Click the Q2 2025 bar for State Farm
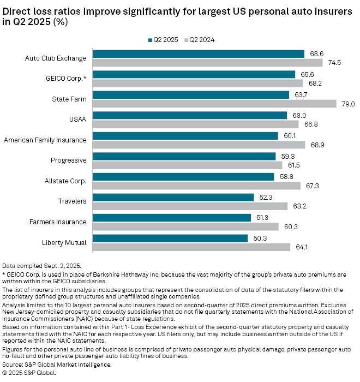[x=191, y=94]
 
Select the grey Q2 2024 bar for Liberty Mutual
[x=191, y=247]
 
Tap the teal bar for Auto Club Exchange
[x=199, y=53]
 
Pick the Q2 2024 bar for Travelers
[x=190, y=206]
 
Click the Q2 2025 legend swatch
[x=149, y=39]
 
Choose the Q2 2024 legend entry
[x=200, y=39]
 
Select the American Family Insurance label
[x=45, y=140]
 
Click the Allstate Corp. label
[x=65, y=181]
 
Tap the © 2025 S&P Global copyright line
[x=29, y=373]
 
